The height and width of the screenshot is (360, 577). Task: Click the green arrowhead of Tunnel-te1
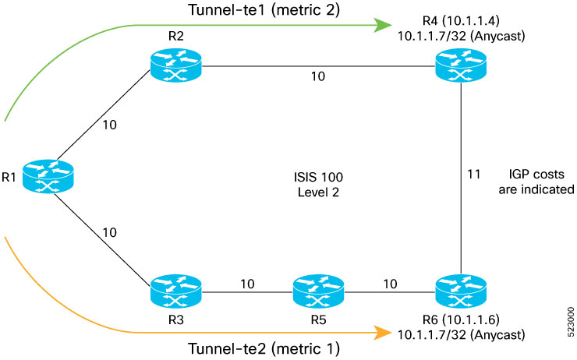381,26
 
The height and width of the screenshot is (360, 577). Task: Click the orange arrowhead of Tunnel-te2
381,333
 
